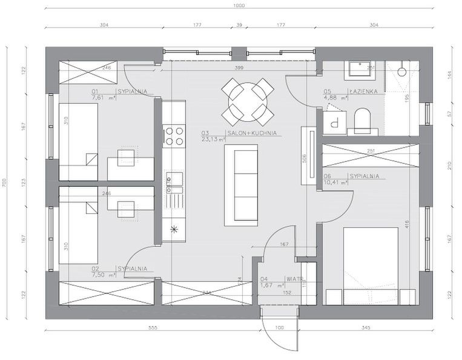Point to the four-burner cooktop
point(174,135)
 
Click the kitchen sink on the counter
point(174,180)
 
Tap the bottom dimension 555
point(153,328)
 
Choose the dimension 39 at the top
point(239,26)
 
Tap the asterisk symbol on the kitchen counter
point(174,229)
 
